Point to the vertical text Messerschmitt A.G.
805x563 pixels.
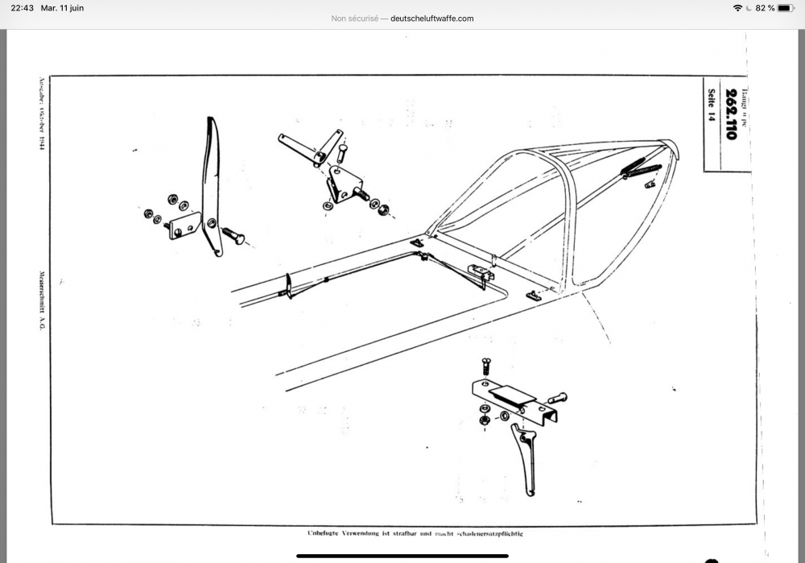click(x=41, y=303)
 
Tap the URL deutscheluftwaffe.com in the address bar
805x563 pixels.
click(x=431, y=19)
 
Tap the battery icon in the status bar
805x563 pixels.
click(x=785, y=7)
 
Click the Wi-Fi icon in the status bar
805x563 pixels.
click(x=737, y=7)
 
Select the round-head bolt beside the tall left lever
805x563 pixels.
click(x=231, y=235)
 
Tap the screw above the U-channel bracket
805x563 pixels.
click(x=485, y=366)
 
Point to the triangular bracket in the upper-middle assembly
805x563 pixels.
click(x=342, y=186)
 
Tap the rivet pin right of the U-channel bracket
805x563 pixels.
click(x=556, y=398)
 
